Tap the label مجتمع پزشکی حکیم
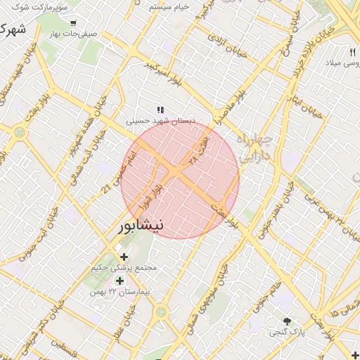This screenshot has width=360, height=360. coord(124,268)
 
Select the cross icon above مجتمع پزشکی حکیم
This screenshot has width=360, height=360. coord(124,257)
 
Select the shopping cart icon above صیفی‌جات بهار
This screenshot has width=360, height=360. coord(73,22)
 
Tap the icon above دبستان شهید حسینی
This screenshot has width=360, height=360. coord(160,109)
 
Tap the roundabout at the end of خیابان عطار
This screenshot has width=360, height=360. coord(162,311)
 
